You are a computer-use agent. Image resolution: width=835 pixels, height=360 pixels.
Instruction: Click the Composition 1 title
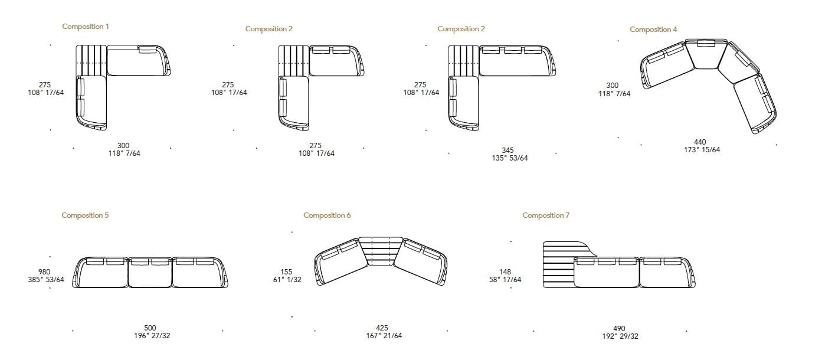(86, 27)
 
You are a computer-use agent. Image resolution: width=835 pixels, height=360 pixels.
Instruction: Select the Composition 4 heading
(653, 29)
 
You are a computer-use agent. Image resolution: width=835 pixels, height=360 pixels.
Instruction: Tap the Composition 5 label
(85, 215)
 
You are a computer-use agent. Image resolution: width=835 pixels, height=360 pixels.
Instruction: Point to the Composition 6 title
(327, 215)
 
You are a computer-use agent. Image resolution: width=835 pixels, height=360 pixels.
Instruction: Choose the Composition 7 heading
(546, 215)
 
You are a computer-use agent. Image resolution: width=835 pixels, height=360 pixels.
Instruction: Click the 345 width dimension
(507, 150)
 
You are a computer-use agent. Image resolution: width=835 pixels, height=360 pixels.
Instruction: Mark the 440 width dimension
(700, 142)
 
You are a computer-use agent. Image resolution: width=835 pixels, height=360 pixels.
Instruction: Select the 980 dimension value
(44, 272)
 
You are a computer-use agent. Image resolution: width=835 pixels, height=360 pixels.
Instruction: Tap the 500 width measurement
(150, 328)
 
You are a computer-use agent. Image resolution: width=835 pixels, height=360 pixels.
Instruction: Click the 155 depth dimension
(286, 272)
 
